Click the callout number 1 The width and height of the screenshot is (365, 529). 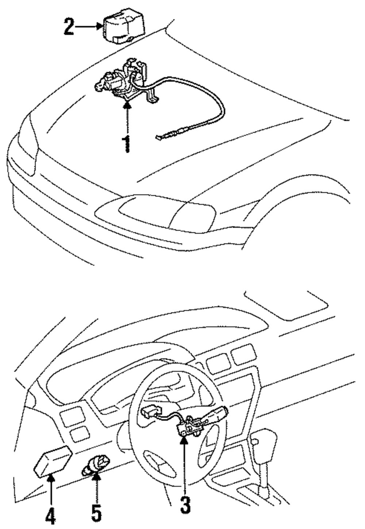pos(127,144)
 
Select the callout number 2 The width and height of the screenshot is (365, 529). pos(69,27)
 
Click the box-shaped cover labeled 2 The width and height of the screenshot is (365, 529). pos(123,26)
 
